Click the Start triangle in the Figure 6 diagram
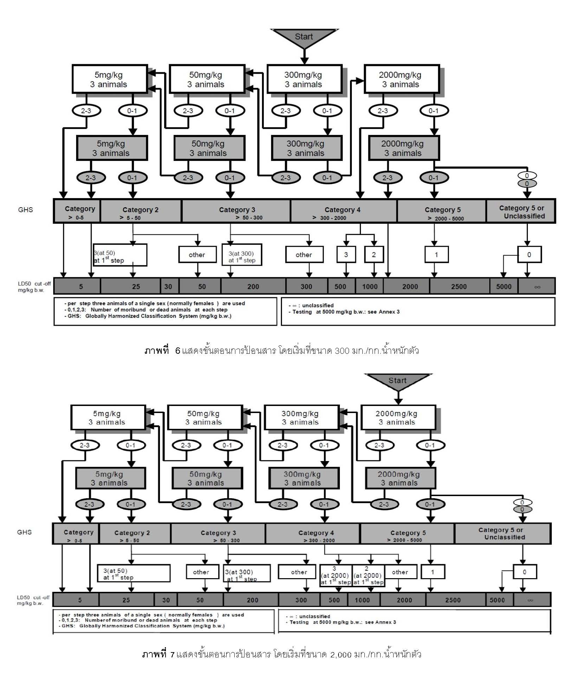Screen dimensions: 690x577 coord(304,37)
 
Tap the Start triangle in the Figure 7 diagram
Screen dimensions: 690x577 coord(397,381)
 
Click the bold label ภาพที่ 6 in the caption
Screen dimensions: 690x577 coord(162,351)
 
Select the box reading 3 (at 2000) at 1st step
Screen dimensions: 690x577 coord(335,575)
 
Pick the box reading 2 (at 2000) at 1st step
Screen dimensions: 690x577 coord(368,575)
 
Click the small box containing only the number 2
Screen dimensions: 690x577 coord(374,255)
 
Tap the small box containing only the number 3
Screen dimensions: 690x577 coord(346,255)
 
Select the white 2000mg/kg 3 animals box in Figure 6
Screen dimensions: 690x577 coord(401,79)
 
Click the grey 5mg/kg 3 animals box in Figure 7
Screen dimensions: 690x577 coord(110,478)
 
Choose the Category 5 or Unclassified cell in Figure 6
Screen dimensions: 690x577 coord(521,211)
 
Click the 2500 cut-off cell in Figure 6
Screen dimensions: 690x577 coord(459,286)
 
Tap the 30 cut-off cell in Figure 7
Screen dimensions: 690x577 coord(166,600)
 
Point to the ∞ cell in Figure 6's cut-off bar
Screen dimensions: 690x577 coord(537,286)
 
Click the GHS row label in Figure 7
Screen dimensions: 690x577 coord(24,532)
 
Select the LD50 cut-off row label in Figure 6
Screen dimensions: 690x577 coord(34,286)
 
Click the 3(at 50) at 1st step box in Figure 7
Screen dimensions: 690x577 coord(133,574)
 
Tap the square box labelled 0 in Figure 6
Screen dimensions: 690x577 coord(529,255)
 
